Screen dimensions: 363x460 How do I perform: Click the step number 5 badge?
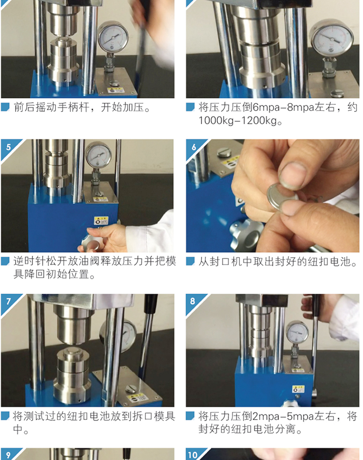pos(8,147)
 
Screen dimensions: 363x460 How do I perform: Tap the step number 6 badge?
pos(193,147)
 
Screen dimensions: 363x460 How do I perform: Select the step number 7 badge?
pos(8,301)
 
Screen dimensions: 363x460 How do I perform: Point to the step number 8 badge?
pos(193,301)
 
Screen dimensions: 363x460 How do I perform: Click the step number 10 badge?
pos(193,455)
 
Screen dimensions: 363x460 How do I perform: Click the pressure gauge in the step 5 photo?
pos(98,154)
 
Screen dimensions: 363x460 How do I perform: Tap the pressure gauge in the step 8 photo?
pos(297,333)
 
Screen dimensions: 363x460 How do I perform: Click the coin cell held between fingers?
pos(282,196)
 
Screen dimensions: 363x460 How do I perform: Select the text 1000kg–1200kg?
pos(238,121)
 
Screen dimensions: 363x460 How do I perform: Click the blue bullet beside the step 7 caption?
pos(5,416)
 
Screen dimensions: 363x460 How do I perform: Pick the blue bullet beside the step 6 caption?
pos(190,261)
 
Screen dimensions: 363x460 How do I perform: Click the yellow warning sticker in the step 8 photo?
pos(298,389)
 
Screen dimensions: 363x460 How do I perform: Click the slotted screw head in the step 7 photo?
pos(131,388)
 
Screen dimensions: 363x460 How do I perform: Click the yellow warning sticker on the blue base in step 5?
pos(101,220)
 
